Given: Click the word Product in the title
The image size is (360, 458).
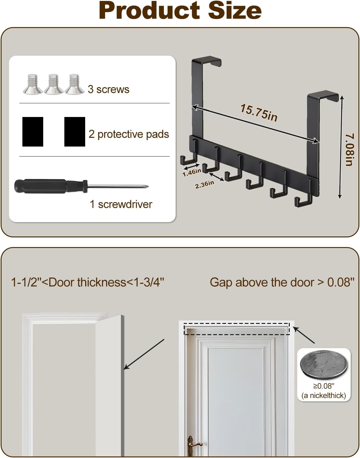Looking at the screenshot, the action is click(149, 11).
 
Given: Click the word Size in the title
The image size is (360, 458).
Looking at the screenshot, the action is click(235, 11).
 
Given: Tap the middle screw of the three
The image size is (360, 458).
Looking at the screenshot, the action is click(53, 84).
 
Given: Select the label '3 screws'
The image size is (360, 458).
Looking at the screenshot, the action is click(108, 89).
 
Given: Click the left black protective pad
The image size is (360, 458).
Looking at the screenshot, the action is click(33, 132).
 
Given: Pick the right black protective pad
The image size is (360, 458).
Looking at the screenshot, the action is click(75, 132).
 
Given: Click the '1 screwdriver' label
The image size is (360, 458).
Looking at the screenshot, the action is click(121, 204).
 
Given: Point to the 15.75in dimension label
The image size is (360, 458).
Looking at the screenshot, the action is click(259, 113).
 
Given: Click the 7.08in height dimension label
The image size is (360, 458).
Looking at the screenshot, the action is click(349, 149).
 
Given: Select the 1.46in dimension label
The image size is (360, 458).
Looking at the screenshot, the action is click(192, 172).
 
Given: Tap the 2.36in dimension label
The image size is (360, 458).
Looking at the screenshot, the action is click(205, 184).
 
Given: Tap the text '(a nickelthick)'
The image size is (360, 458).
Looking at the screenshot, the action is click(324, 395).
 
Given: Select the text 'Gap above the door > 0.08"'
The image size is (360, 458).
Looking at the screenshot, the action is click(282, 283).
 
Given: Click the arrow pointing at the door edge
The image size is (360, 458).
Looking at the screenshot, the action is click(144, 354).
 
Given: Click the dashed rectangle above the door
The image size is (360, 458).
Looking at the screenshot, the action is click(237, 323).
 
